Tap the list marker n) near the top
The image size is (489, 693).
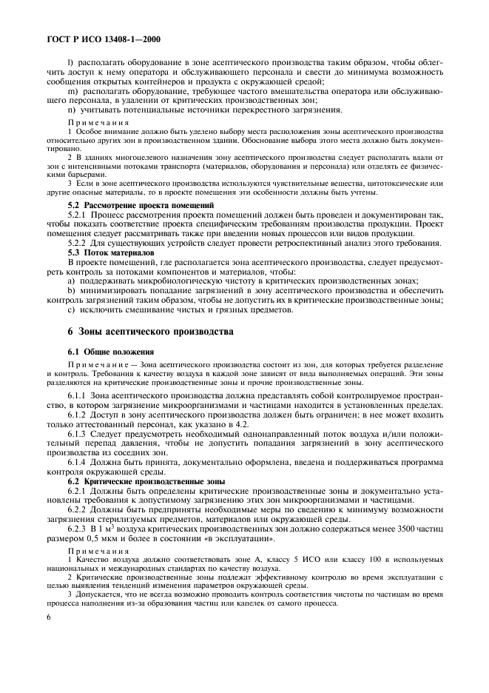tap(72, 110)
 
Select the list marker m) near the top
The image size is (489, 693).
tap(72, 91)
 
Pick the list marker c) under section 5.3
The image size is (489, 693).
tap(71, 309)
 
